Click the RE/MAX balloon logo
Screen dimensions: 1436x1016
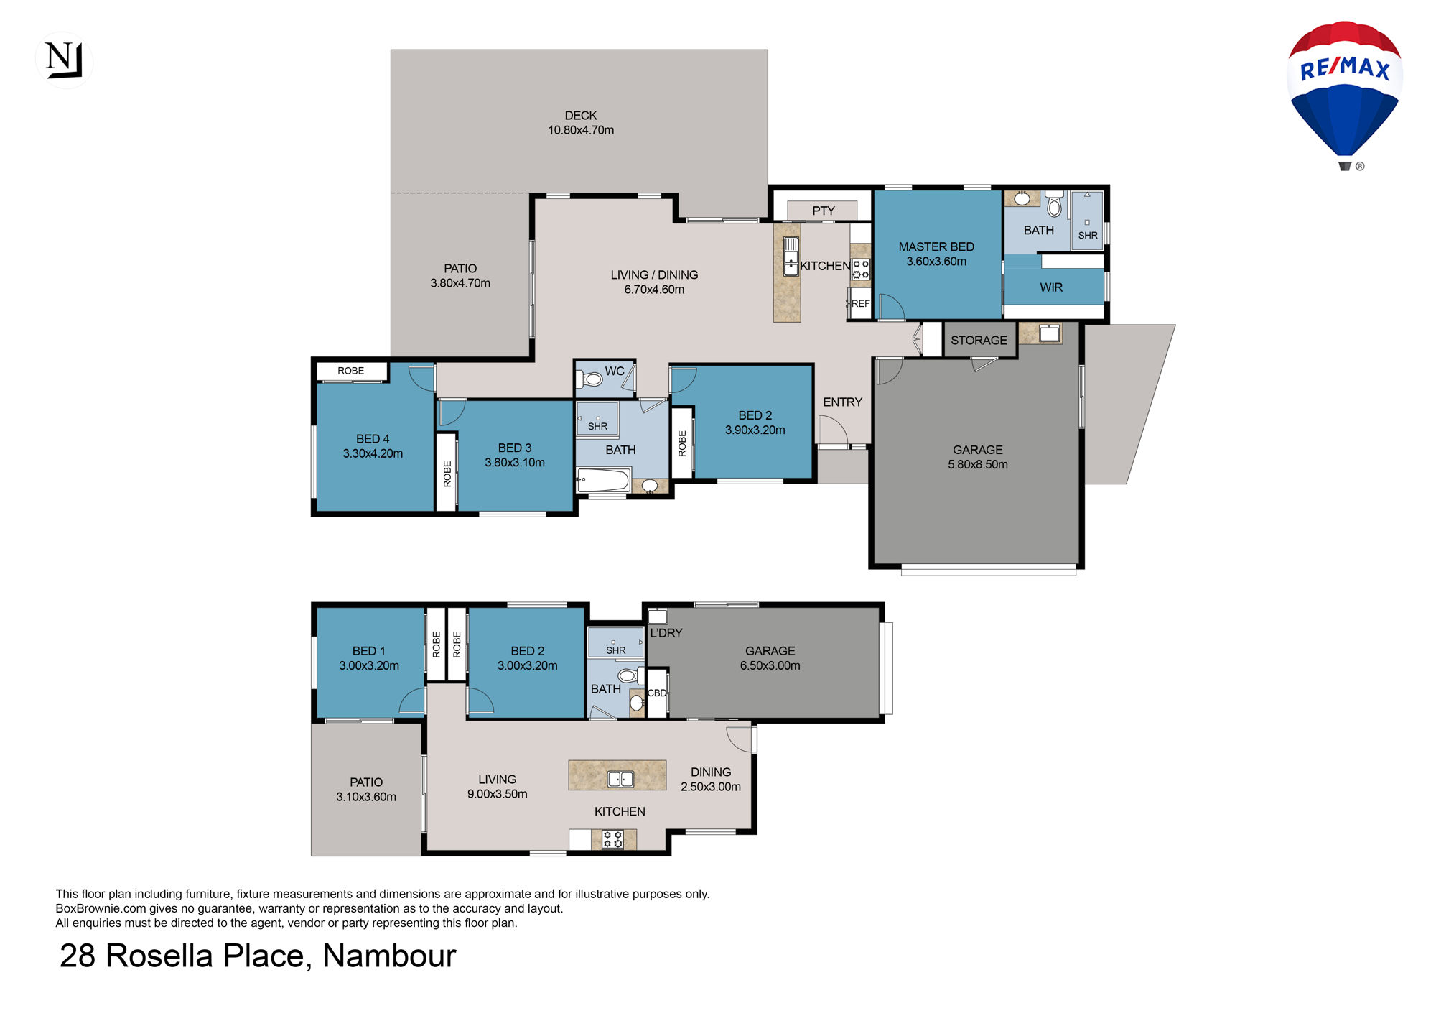[1344, 96]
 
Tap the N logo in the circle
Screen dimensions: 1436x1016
[64, 60]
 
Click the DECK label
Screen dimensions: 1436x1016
[580, 116]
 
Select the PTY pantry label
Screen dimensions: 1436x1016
[823, 211]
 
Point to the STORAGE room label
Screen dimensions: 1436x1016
[979, 340]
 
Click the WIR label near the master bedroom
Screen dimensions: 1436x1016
[1051, 287]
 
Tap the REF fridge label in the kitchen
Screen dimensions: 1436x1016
[860, 303]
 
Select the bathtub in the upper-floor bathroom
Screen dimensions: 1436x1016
[603, 479]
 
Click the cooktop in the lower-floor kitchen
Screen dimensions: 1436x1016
[612, 839]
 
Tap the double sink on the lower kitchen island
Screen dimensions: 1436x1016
[621, 779]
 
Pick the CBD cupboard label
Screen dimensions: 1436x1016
[657, 693]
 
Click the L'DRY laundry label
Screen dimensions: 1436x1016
[666, 633]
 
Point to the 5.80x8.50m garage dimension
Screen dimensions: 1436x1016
[978, 465]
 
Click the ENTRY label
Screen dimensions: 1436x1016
[842, 402]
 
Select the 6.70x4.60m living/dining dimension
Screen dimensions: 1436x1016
[654, 290]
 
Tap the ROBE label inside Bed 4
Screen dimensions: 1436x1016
[351, 371]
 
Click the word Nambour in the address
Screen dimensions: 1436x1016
[389, 956]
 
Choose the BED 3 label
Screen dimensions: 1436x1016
[515, 448]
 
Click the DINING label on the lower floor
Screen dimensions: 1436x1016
[711, 772]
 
